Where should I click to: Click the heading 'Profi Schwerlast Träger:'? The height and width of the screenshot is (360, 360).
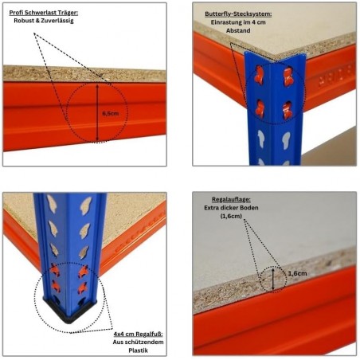click(x=44, y=13)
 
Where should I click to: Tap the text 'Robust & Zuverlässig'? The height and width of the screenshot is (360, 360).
click(x=44, y=21)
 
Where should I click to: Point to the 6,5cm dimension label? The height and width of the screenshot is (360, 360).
click(x=111, y=113)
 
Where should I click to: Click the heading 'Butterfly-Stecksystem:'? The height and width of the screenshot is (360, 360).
click(x=238, y=14)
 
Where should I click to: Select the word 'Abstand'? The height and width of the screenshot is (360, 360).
click(x=238, y=30)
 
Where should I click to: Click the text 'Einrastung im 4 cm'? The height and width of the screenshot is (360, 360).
click(x=238, y=22)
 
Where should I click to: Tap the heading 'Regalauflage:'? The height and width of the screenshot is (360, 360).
click(x=231, y=200)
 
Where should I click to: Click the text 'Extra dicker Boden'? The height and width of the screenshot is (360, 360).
click(x=231, y=208)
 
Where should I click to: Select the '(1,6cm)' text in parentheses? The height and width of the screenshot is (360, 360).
click(x=231, y=216)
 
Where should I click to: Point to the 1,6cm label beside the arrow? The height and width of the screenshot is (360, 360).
click(x=297, y=273)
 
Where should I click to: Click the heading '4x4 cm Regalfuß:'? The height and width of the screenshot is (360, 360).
click(x=138, y=334)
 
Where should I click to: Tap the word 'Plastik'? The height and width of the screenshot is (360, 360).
click(x=138, y=350)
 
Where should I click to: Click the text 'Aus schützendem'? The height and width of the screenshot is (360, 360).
click(x=138, y=342)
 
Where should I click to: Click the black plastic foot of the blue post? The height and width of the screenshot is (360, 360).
click(x=69, y=313)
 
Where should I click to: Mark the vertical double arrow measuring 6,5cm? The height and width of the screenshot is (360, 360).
click(x=97, y=112)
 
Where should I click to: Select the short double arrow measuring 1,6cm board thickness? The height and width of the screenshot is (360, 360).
click(x=273, y=279)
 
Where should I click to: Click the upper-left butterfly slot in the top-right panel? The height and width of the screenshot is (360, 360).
click(x=260, y=75)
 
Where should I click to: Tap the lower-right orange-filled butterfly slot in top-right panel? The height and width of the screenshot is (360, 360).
click(x=288, y=110)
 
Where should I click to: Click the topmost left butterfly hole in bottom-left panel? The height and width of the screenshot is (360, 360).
click(x=51, y=204)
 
